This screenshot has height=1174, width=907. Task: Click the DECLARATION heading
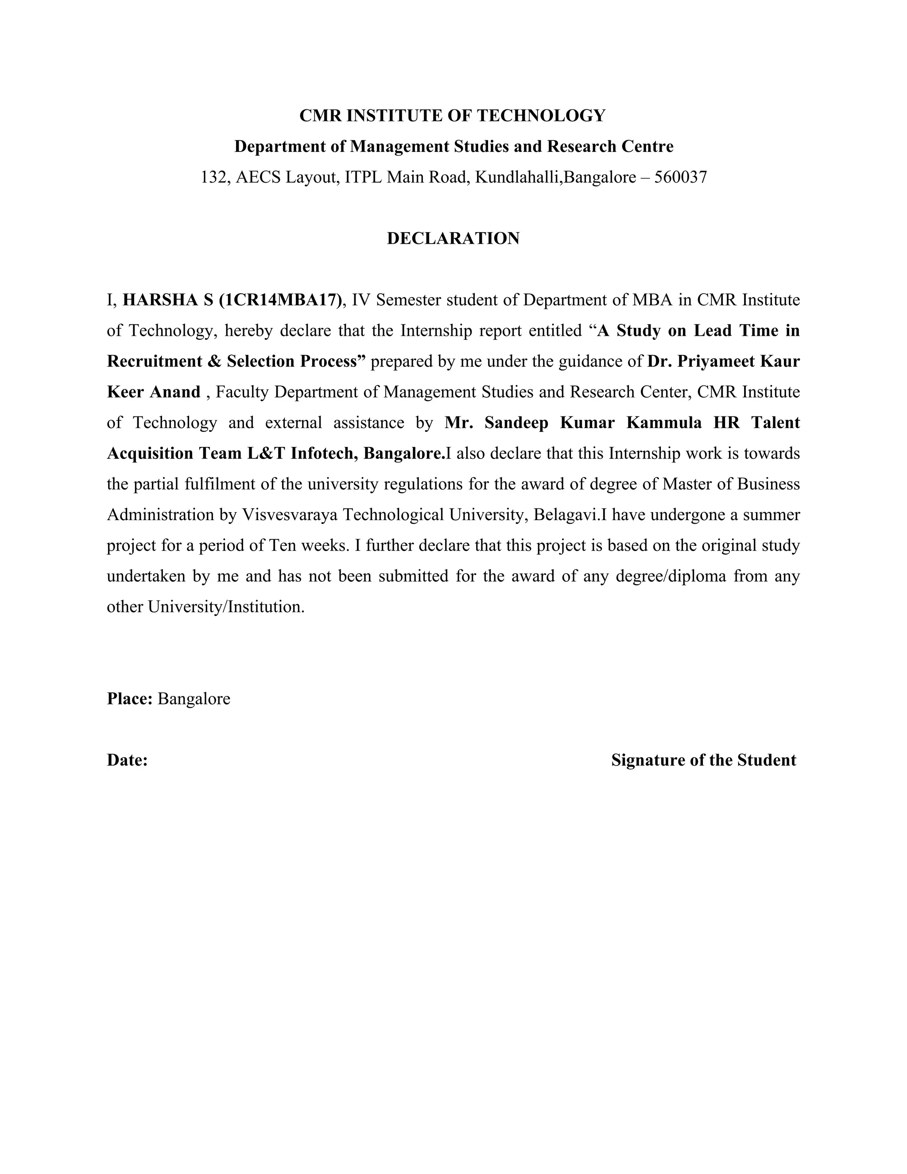453,238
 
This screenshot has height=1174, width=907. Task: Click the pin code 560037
681,177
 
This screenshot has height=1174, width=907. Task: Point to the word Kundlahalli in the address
516,177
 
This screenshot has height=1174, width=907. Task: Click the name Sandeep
516,423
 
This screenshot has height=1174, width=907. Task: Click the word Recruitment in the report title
151,361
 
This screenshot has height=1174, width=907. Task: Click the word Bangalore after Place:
194,698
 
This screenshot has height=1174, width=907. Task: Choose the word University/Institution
226,606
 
